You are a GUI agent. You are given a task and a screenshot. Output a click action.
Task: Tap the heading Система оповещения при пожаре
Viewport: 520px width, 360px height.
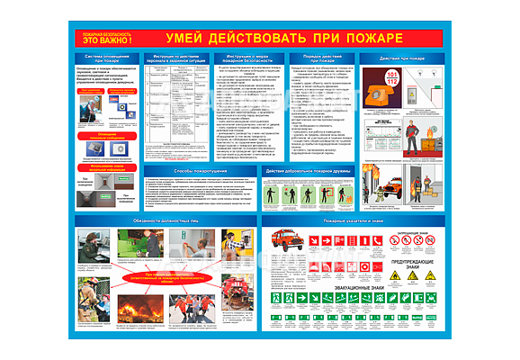click(x=104, y=59)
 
